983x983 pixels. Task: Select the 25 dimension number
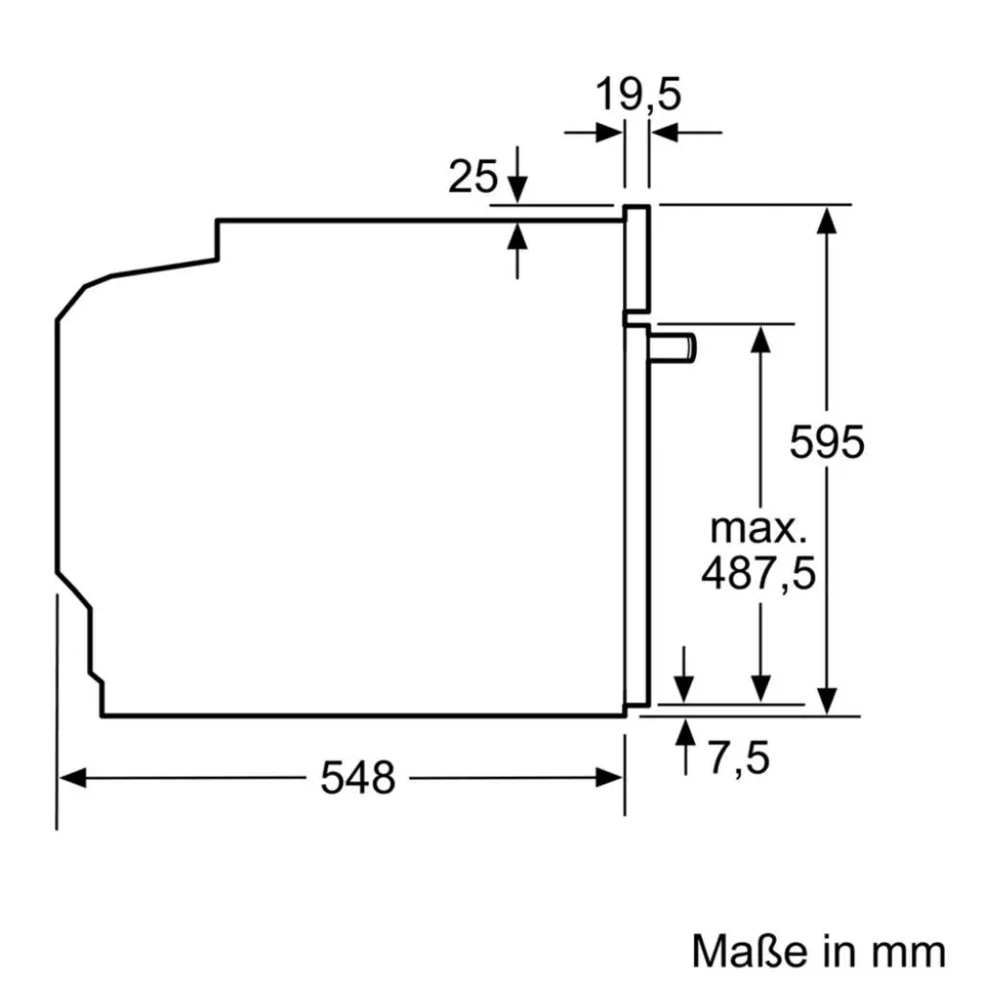[473, 177]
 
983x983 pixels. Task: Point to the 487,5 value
[757, 573]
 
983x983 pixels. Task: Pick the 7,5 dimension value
[739, 758]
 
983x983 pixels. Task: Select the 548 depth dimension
[357, 778]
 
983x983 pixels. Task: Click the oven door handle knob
[675, 347]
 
